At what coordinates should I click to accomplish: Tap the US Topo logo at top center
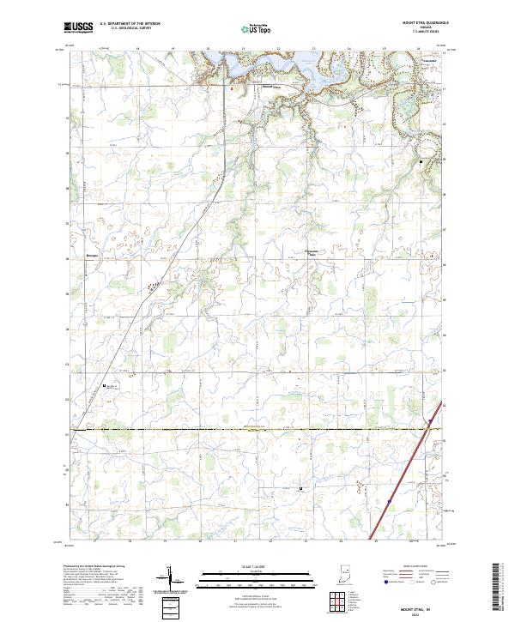(x=257, y=28)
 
